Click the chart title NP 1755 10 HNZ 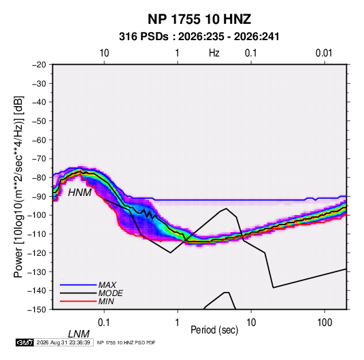[x=199, y=19]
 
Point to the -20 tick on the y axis [x=39, y=65]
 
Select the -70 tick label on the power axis [x=39, y=159]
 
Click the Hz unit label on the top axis [x=214, y=53]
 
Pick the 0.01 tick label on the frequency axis [x=324, y=53]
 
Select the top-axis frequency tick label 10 [x=104, y=53]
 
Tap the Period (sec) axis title [x=214, y=330]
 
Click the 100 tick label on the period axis [x=325, y=323]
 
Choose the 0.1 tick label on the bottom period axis [x=103, y=323]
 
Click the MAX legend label [x=107, y=285]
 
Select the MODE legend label [x=110, y=293]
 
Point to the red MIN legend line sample [x=78, y=301]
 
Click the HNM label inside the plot [x=80, y=193]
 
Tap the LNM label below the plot [x=79, y=334]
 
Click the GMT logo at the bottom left [x=25, y=342]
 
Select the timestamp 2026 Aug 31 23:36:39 [x=63, y=342]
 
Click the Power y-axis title [x=18, y=186]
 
